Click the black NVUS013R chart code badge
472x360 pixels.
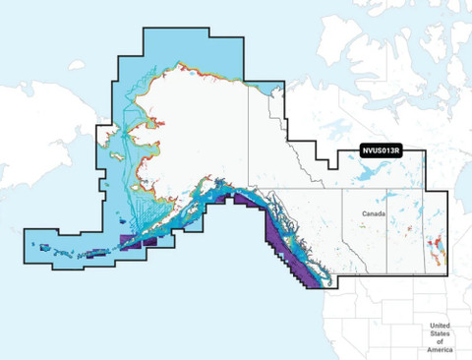point(379,151)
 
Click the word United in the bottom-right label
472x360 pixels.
point(441,326)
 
